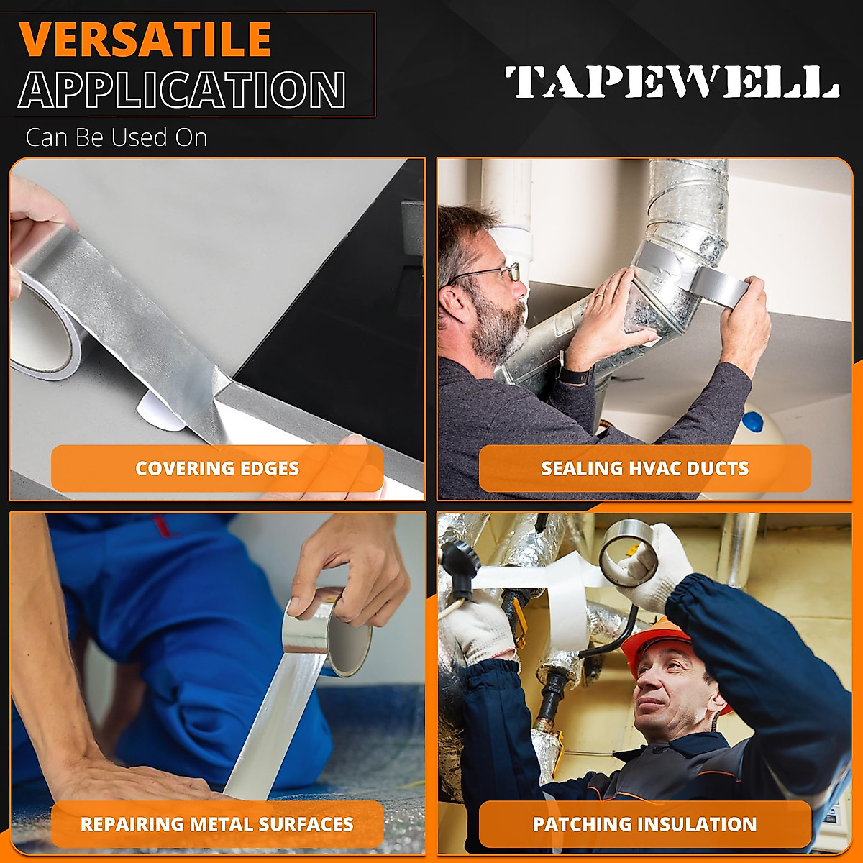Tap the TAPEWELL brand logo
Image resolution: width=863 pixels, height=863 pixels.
click(x=672, y=82)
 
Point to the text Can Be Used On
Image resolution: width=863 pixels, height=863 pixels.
click(x=117, y=137)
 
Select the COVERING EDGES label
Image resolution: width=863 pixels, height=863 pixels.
click(x=217, y=468)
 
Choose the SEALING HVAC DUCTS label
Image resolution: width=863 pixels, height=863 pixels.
click(x=644, y=468)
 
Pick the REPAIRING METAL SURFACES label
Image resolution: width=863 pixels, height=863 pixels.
click(x=217, y=824)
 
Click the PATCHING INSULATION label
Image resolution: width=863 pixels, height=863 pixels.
click(x=644, y=824)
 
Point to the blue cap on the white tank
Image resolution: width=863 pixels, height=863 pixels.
click(x=752, y=422)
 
